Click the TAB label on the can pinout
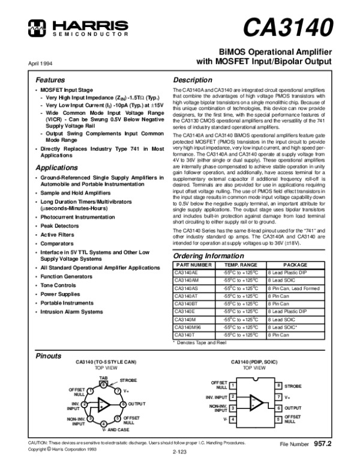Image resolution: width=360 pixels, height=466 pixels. tap(103, 377)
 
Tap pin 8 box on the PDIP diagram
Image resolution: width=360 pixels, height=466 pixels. tap(278, 385)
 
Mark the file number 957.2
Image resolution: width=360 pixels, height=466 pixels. tap(322, 443)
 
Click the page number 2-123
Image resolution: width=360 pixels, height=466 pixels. tap(179, 450)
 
